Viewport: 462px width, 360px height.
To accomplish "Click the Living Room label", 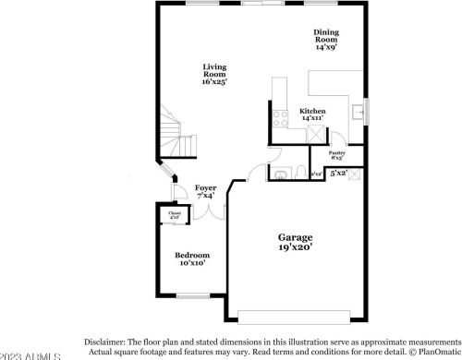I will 215,73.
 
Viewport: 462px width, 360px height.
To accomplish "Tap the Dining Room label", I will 326,39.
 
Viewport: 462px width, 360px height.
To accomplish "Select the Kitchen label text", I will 312,114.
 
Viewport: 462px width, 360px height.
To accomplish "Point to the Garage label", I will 297,242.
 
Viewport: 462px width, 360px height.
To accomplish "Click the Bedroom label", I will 192,258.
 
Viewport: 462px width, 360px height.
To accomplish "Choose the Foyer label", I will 205,191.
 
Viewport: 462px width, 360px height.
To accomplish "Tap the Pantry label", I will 338,154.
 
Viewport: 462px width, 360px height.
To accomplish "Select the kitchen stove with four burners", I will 280,116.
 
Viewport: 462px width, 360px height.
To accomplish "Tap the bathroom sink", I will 279,173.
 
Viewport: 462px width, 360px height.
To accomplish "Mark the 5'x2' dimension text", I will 339,173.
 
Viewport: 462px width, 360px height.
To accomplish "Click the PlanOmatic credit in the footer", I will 433,352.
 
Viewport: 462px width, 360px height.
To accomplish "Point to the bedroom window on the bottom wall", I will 193,295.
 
